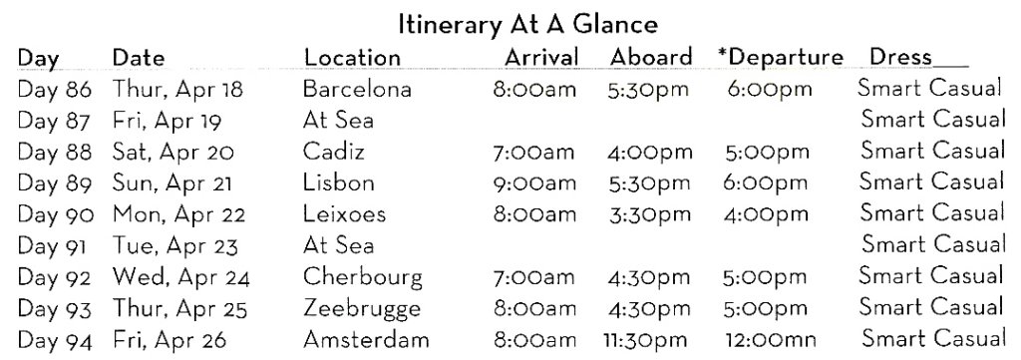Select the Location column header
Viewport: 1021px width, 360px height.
pos(353,57)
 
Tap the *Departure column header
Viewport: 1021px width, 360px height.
pos(780,57)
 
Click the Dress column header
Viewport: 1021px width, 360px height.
pos(901,57)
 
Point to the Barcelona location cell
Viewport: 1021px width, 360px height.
pos(357,89)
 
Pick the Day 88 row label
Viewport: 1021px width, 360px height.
pos(55,153)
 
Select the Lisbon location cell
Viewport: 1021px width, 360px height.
pos(339,183)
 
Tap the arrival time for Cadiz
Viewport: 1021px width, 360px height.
pos(533,153)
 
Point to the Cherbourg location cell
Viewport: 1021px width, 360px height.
pos(362,276)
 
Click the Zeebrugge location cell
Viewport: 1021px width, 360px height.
pos(362,308)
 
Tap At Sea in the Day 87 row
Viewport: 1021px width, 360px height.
pos(338,121)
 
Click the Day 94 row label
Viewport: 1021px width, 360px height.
pos(55,340)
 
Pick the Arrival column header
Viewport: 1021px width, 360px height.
pos(540,57)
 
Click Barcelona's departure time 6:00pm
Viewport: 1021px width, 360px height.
pos(769,89)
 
